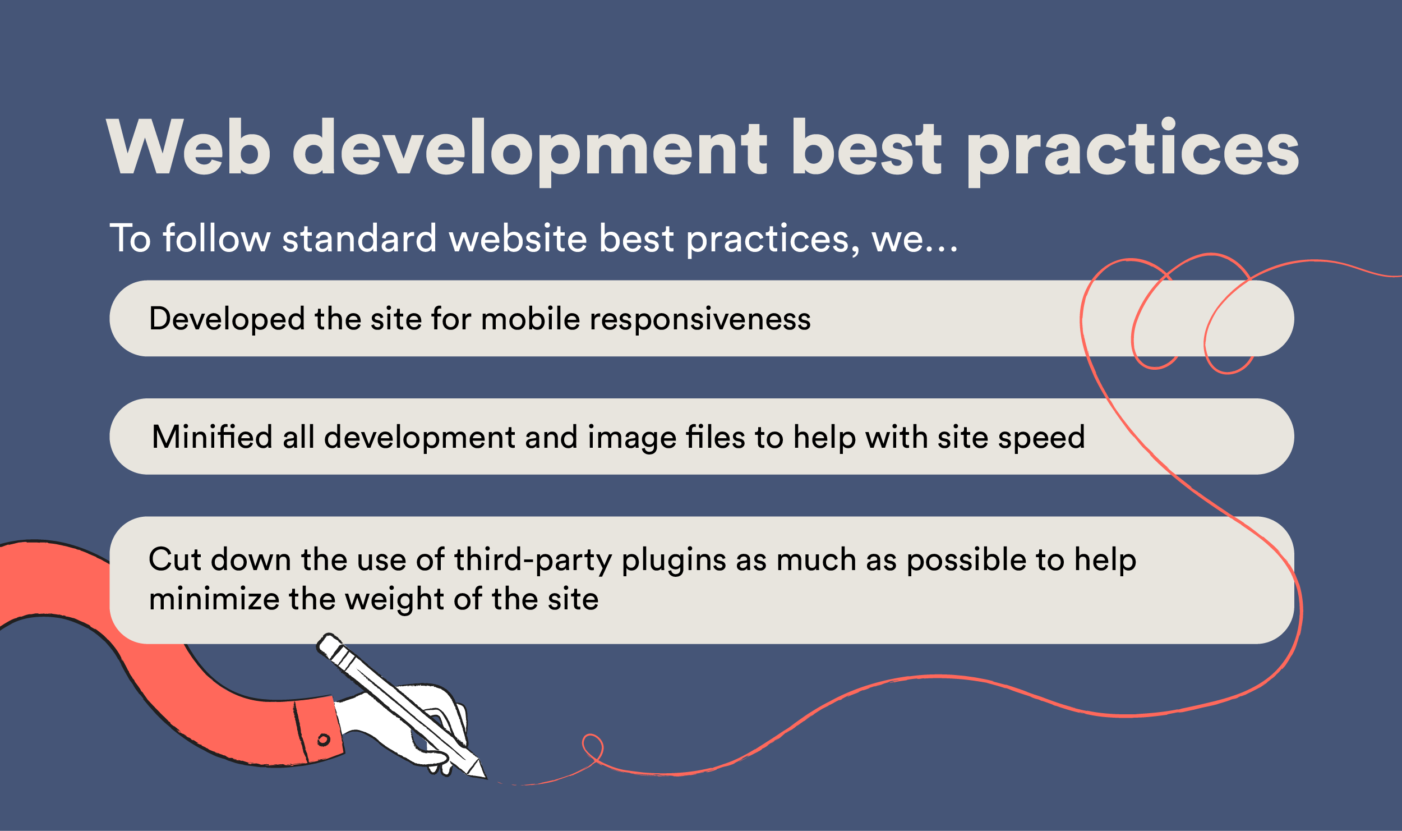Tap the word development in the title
tap(530, 151)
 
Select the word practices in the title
tap(1133, 151)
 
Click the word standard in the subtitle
tap(359, 237)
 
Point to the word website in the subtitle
tap(518, 237)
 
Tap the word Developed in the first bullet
tap(226, 319)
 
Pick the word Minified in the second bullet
tap(212, 437)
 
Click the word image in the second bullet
tap(632, 438)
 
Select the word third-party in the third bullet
tap(532, 560)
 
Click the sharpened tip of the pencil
tap(485, 778)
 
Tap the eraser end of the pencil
tap(326, 645)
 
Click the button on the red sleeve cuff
tap(324, 740)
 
